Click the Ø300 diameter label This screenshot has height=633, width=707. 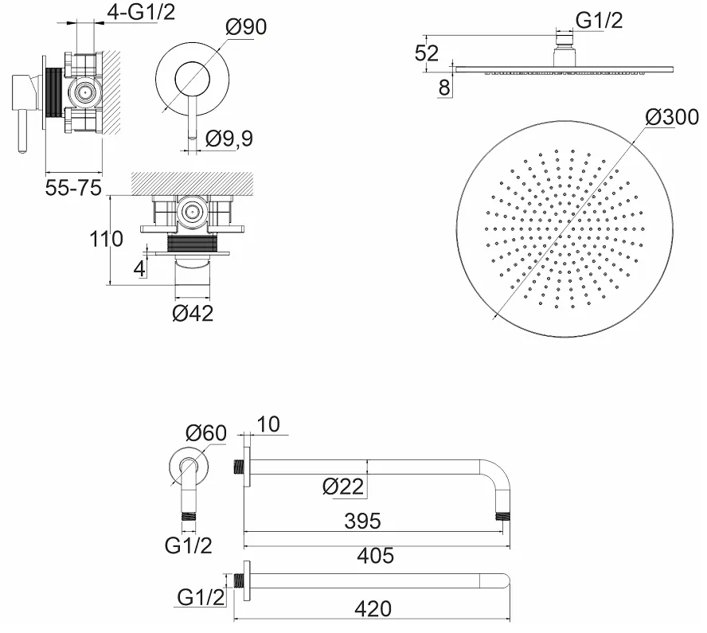[672, 117]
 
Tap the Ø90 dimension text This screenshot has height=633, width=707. [246, 27]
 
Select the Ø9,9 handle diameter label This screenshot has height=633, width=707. [229, 139]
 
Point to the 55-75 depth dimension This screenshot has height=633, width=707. [73, 188]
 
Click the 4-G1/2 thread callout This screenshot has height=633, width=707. [141, 12]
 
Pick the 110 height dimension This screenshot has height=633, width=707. [106, 239]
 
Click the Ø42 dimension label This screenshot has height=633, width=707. [193, 314]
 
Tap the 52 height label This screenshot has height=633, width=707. [427, 53]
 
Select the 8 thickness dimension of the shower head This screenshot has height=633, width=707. [444, 88]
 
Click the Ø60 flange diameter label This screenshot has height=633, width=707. [206, 433]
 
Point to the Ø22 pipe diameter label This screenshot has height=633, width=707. [343, 486]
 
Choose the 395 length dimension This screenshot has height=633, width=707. [362, 522]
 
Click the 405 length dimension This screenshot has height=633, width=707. [376, 556]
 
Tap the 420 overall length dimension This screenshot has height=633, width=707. [373, 609]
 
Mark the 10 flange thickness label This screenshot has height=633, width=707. [268, 424]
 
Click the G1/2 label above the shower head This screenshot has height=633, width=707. [600, 20]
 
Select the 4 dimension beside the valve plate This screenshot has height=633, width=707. [140, 268]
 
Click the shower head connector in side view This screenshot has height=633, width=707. [564, 49]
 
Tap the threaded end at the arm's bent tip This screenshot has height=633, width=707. [502, 516]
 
